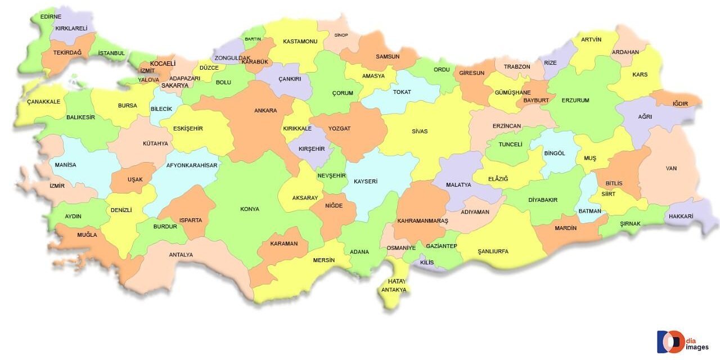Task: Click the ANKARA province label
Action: tap(265, 111)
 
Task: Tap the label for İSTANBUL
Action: tap(111, 53)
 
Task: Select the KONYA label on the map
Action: tap(250, 209)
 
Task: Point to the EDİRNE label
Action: tap(51, 17)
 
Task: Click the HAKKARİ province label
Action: tap(681, 217)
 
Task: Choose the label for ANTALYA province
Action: tap(181, 255)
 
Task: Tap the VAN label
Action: tap(671, 168)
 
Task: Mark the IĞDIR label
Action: tap(680, 103)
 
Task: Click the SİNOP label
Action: tap(341, 35)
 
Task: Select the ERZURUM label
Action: tap(575, 101)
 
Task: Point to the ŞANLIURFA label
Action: tap(493, 251)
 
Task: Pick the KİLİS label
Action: tap(427, 263)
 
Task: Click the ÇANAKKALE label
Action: tap(43, 102)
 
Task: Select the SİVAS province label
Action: tap(420, 132)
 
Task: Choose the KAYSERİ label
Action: tap(366, 182)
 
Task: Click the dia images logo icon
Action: tap(670, 341)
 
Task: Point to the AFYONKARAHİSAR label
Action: tap(192, 165)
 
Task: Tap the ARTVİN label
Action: tap(591, 40)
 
